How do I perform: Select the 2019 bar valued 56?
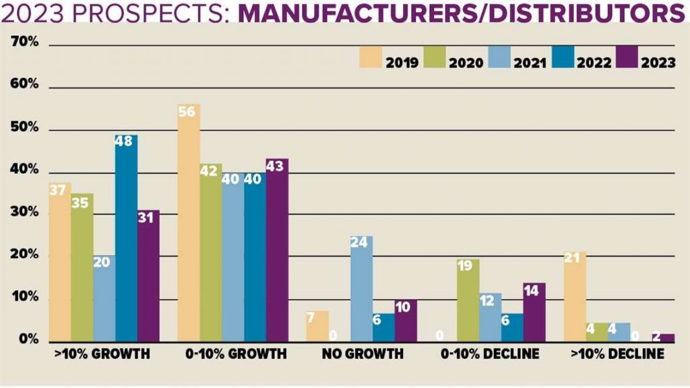[x=189, y=222]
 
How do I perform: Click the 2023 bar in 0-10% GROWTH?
[x=277, y=250]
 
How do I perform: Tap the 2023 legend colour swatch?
[x=627, y=57]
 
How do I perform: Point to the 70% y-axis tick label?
[x=26, y=43]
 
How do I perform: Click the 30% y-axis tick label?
[x=26, y=213]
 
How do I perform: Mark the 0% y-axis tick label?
[x=28, y=340]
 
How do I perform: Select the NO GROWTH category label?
[x=362, y=354]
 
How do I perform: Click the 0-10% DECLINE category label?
[x=490, y=354]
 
